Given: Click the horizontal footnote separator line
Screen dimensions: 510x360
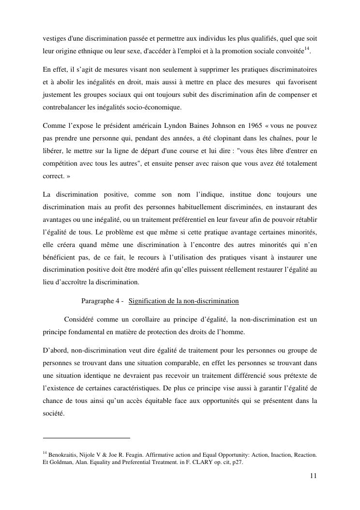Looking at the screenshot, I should (x=87, y=438).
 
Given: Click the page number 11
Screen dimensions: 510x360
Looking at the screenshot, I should (x=314, y=476).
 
